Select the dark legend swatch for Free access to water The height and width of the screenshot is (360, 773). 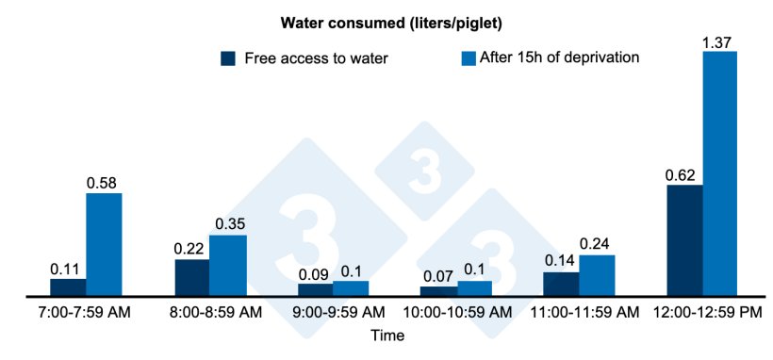227,58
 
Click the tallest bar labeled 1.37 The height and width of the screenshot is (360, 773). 720,174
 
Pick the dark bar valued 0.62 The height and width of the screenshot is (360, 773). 684,240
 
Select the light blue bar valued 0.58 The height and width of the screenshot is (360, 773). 104,245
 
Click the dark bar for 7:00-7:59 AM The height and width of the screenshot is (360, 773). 68,287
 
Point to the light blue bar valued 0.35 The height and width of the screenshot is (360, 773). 227,266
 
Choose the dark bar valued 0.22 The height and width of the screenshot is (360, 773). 192,277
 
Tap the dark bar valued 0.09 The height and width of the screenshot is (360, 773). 315,289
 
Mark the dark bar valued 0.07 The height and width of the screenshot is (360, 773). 438,291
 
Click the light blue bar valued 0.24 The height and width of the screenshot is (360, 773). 597,275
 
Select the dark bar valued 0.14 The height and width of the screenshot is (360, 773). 561,284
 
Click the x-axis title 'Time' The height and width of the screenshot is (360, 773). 386,335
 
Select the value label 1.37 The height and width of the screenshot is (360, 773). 720,41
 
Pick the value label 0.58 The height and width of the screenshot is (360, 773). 104,183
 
